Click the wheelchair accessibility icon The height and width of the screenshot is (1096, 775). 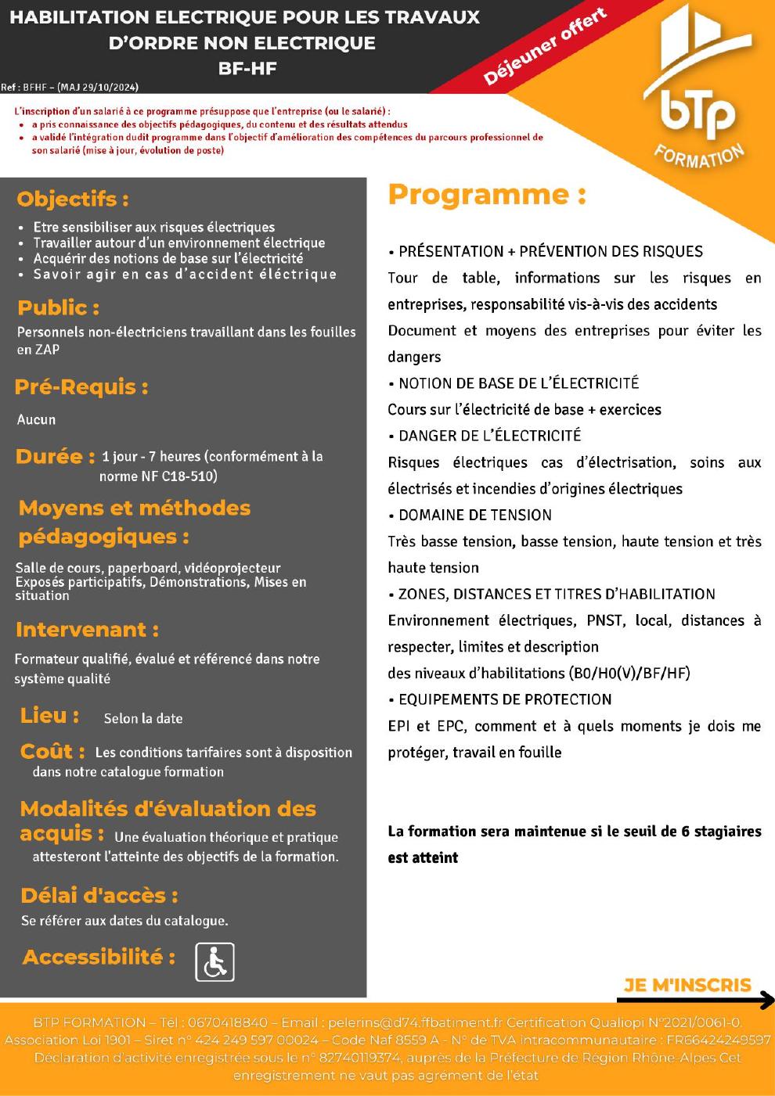(x=214, y=962)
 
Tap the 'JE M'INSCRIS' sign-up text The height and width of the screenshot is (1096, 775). (x=687, y=985)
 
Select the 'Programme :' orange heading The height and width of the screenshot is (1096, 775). (x=487, y=195)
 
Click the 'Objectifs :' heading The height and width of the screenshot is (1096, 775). (x=73, y=199)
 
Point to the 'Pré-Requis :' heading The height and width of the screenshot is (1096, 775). (x=81, y=386)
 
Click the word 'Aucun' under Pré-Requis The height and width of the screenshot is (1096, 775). (x=37, y=419)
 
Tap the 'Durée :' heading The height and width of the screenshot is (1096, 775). (x=55, y=456)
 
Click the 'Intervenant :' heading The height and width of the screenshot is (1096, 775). (x=87, y=630)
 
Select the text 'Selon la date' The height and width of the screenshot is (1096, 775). (x=143, y=718)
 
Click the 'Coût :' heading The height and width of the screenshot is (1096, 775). (x=52, y=752)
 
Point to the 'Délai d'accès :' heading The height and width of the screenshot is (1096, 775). (x=99, y=896)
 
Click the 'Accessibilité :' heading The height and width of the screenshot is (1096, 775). (x=99, y=957)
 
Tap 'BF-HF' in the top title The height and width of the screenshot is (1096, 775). (x=247, y=68)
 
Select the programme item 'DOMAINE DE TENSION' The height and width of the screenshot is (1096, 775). (x=474, y=515)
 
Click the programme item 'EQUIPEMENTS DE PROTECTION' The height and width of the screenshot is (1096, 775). (x=505, y=699)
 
